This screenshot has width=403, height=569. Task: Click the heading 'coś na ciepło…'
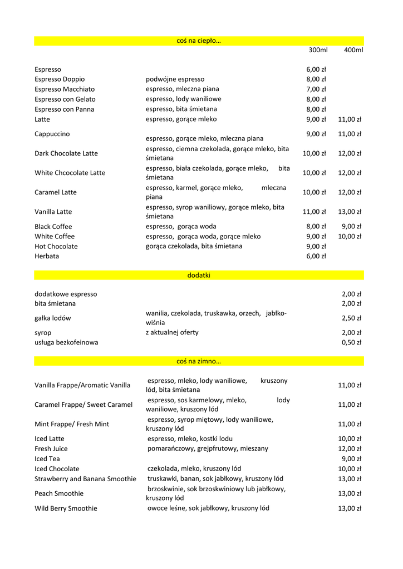[x=199, y=41]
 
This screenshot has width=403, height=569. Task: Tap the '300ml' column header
[x=318, y=50]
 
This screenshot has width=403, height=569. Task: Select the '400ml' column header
[x=353, y=50]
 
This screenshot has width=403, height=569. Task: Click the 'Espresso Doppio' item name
[x=60, y=79]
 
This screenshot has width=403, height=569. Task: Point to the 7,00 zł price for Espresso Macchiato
[x=316, y=89]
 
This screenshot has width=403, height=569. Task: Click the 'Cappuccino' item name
[x=52, y=134]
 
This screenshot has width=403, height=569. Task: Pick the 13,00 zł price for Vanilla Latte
[x=350, y=212]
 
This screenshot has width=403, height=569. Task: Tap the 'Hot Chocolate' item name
[x=56, y=247]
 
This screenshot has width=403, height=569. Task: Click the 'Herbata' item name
[x=47, y=257]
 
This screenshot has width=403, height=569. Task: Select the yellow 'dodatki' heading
[x=199, y=275]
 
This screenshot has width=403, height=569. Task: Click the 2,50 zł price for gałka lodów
[x=352, y=318]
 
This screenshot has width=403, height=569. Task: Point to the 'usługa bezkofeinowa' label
[x=66, y=343]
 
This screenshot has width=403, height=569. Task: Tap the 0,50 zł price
[x=352, y=343]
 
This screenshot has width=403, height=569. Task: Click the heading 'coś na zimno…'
[x=199, y=361]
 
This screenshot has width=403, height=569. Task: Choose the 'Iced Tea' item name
[x=47, y=459]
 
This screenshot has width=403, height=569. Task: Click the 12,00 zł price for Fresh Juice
[x=350, y=449]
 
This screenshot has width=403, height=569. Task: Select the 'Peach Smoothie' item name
[x=59, y=493]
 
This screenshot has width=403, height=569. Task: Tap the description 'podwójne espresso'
[x=175, y=79]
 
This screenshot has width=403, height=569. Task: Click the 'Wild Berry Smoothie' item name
[x=66, y=508]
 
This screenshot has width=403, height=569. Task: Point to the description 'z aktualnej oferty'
[x=172, y=333]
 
